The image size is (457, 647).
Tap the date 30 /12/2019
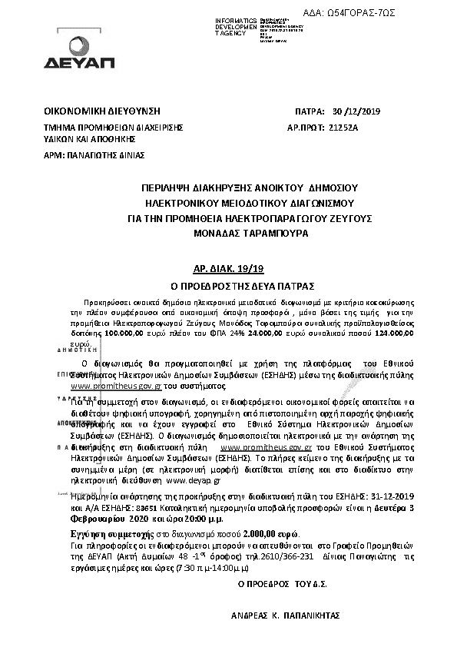point(350,111)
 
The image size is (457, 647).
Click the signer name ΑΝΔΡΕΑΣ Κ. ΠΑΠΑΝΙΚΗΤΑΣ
point(284,616)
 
